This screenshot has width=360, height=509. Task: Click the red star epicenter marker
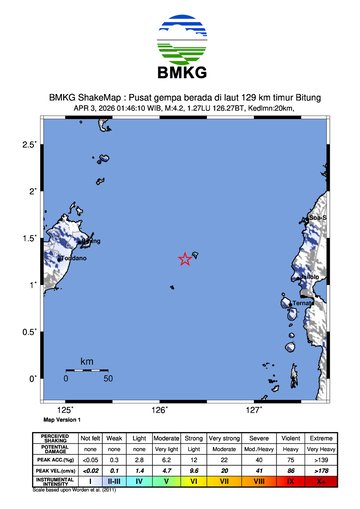(185, 259)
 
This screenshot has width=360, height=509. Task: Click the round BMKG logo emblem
(180, 36)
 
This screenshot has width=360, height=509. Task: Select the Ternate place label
(303, 302)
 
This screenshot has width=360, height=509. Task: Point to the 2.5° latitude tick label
(29, 145)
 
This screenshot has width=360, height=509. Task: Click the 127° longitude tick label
(254, 410)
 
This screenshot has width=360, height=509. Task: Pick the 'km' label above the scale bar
(87, 360)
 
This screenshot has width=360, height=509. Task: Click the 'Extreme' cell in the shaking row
(320, 438)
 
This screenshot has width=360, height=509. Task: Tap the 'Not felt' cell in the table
(91, 438)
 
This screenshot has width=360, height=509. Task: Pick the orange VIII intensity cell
(259, 481)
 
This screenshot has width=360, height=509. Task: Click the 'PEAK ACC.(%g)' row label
(55, 459)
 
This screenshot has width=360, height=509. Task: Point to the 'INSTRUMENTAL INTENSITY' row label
(55, 481)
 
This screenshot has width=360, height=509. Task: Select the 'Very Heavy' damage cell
(320, 449)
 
